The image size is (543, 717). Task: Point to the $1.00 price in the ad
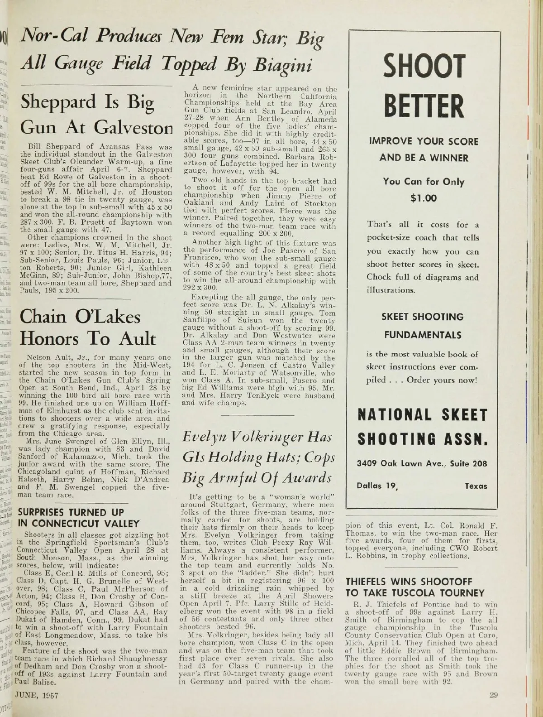424,198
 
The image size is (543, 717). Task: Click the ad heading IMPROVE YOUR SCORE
424,141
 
